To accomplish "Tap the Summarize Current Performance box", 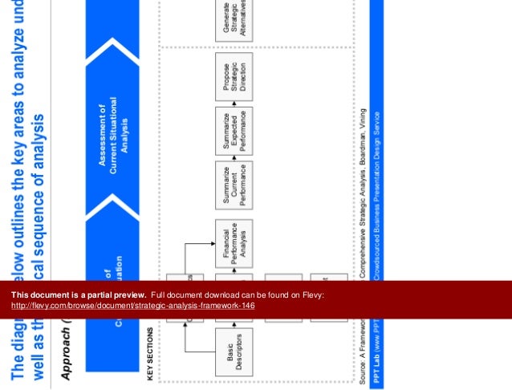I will [x=234, y=185].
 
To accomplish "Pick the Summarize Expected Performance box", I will [x=234, y=130].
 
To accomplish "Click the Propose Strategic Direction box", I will [x=234, y=77].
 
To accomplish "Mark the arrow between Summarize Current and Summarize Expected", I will [x=234, y=158].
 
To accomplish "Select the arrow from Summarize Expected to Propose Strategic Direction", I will [x=234, y=104].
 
